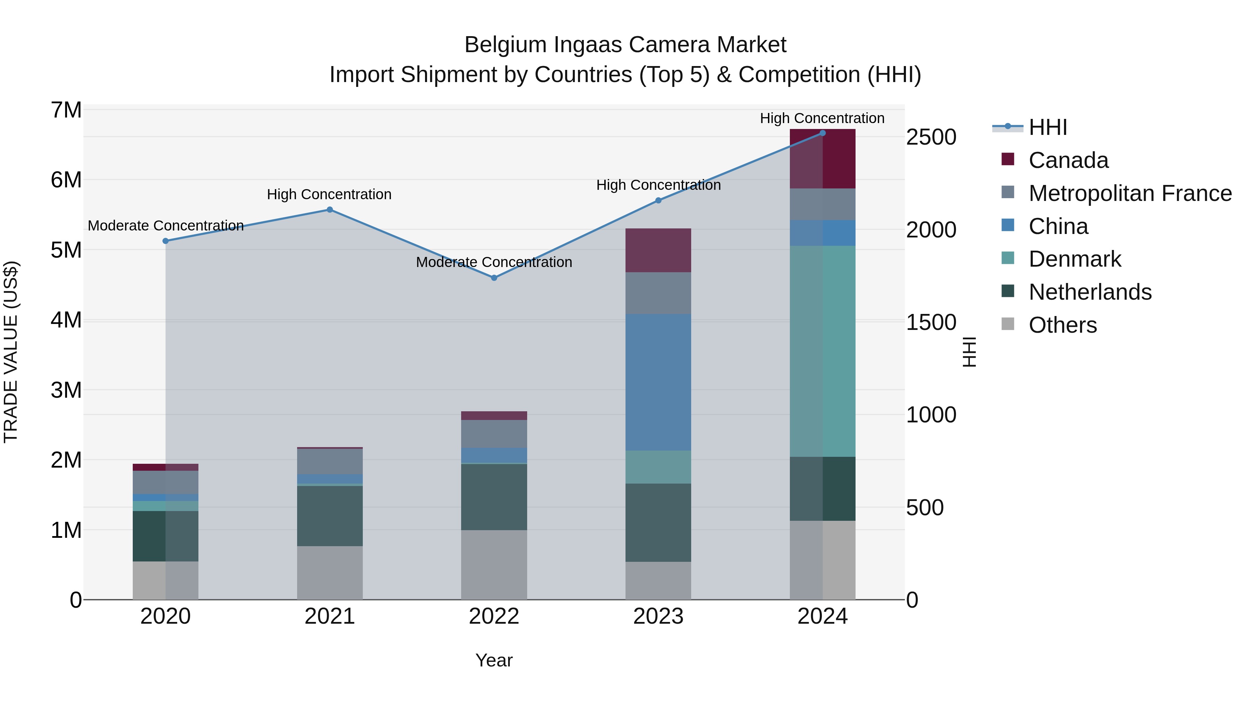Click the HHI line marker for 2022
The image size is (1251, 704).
494,278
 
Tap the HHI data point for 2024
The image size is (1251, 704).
822,133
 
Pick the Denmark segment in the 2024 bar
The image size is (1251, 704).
822,351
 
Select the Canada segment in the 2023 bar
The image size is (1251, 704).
658,250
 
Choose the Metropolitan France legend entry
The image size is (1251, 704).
1130,193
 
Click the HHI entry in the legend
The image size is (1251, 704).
1047,127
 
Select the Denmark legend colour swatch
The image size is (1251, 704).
1008,258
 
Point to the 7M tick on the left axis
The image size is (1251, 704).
66,110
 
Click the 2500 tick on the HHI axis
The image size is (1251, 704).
931,137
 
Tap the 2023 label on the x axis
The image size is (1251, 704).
658,616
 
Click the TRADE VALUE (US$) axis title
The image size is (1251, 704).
11,352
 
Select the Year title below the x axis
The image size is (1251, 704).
494,660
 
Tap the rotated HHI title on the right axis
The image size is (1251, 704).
969,352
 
